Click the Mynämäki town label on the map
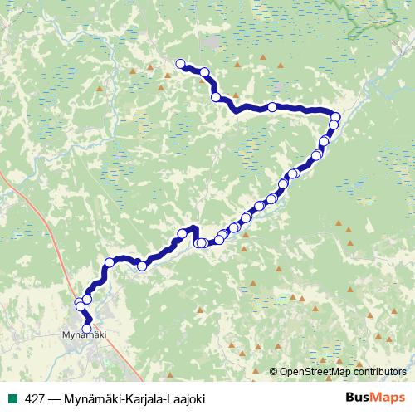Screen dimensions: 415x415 85,336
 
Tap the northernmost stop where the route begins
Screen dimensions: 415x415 180,63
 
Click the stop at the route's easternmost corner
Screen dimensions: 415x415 336,116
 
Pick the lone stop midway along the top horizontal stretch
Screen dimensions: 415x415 271,106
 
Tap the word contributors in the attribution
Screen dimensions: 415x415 380,372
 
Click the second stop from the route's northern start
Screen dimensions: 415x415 204,73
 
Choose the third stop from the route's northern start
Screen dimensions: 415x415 216,97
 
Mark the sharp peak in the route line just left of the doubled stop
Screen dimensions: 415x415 193,227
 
